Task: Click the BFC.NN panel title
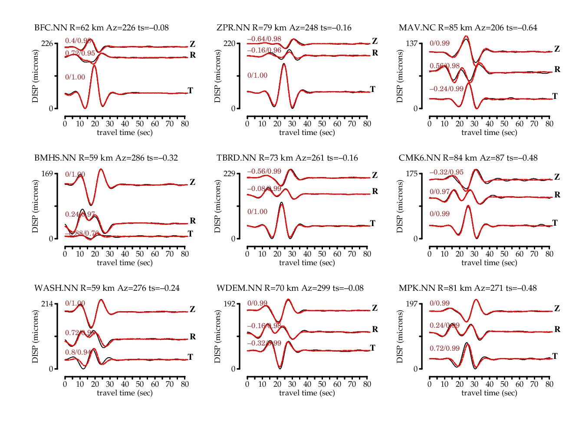102,28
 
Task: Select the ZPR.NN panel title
284,28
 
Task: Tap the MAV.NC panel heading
468,28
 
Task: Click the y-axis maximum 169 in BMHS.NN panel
47,174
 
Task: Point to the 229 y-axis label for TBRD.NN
229,174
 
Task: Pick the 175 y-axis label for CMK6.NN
411,174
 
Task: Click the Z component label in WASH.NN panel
192,309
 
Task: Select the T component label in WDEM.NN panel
372,348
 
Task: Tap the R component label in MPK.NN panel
557,329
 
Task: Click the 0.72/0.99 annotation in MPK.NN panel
444,349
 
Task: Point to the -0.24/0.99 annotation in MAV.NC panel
446,89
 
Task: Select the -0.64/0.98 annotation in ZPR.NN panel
264,39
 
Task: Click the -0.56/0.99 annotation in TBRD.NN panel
264,171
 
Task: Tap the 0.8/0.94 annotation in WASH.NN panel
78,352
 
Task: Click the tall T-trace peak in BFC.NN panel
94,66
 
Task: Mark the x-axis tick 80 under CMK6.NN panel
549,254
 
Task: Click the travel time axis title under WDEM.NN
307,393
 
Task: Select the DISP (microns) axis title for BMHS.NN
35,206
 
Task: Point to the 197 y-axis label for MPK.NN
411,304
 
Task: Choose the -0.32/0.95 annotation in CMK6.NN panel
446,172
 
